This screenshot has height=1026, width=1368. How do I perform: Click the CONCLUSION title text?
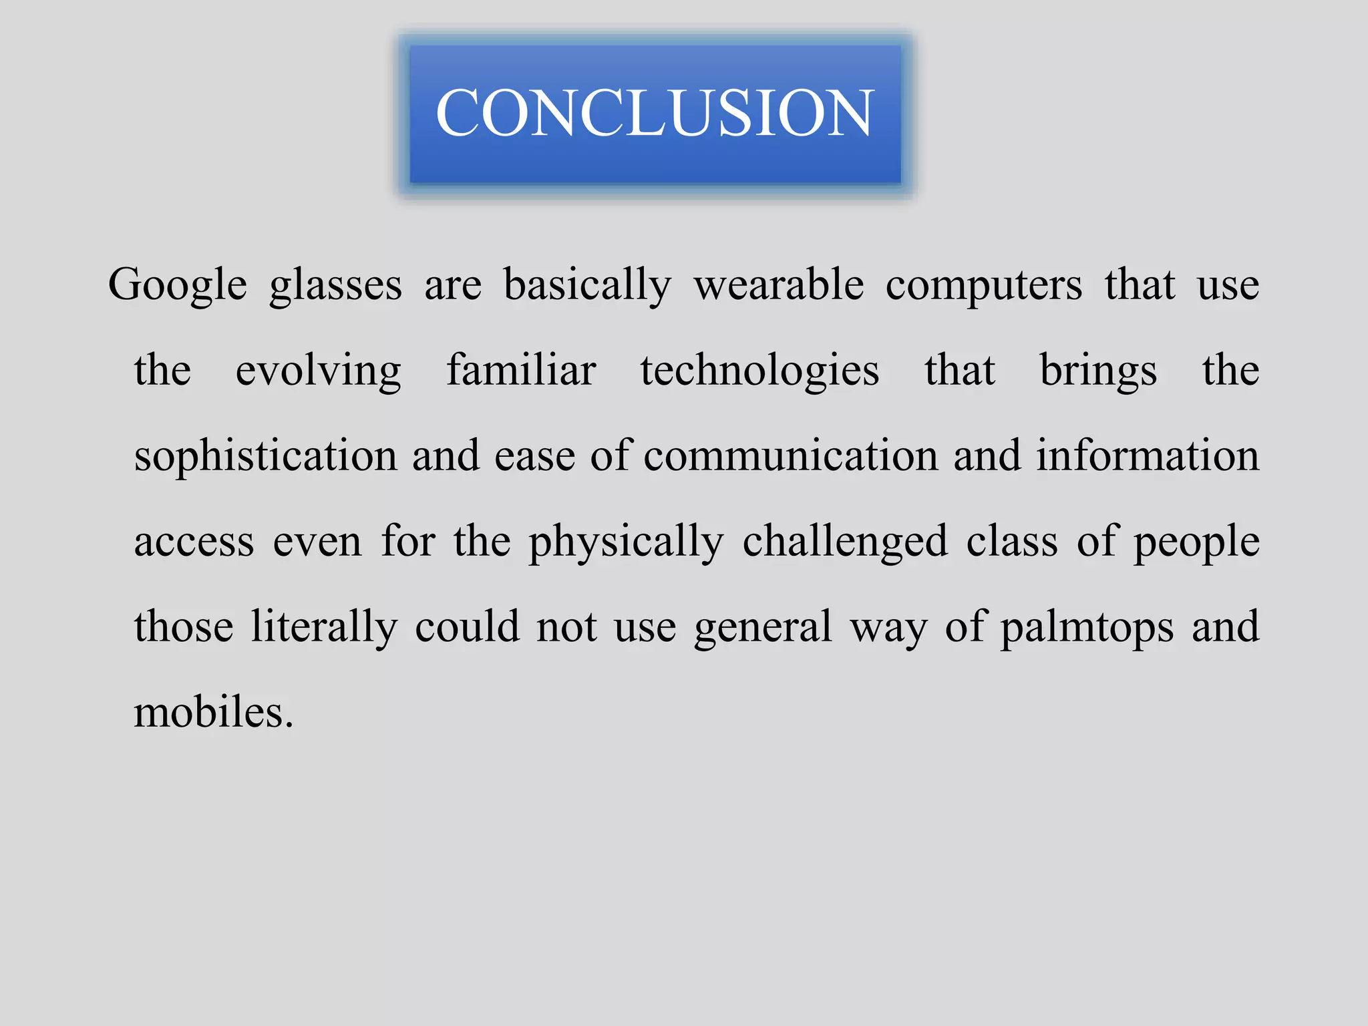(655, 113)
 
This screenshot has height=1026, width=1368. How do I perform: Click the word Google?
(178, 285)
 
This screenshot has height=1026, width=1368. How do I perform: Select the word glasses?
(336, 285)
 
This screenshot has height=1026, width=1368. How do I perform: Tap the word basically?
(587, 285)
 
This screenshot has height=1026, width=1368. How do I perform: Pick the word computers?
(984, 285)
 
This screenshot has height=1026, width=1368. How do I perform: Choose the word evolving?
(319, 371)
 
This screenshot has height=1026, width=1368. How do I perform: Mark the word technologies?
(760, 371)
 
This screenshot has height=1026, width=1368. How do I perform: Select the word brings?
(1099, 371)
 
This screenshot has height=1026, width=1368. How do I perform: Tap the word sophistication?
(266, 456)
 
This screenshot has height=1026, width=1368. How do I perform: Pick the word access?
(194, 542)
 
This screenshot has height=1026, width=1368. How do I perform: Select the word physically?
(627, 542)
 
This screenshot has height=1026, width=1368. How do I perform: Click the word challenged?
(845, 542)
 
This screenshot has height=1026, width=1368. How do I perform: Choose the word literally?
(324, 627)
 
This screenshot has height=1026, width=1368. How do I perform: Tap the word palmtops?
(1087, 627)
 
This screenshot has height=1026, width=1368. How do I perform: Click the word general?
(763, 627)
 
